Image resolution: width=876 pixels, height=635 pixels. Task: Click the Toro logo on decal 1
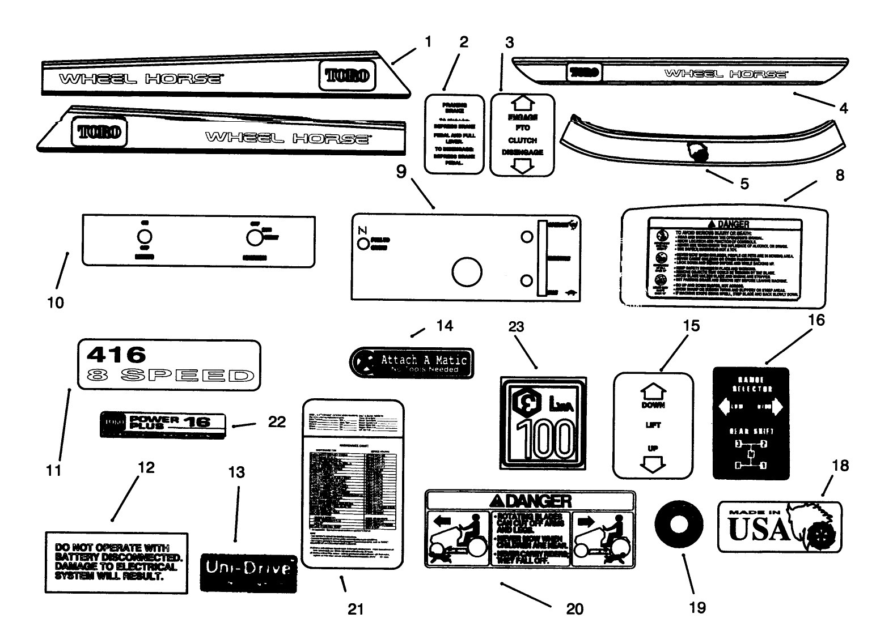(x=348, y=75)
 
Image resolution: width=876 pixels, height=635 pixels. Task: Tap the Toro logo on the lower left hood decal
(x=99, y=132)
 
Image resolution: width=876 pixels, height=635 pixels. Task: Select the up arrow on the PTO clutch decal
(x=523, y=103)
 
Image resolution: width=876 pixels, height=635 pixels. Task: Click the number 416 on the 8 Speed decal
(x=116, y=355)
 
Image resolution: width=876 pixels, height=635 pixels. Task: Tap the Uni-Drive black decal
(x=248, y=573)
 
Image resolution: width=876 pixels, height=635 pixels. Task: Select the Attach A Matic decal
(x=412, y=363)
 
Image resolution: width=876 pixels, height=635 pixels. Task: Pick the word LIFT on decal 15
(x=653, y=425)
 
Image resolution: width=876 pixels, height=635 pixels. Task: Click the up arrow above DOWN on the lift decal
(x=653, y=390)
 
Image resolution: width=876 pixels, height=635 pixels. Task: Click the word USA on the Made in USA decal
(x=758, y=529)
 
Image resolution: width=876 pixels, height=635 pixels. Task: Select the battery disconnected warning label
(x=116, y=562)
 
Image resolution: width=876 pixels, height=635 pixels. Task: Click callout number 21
(x=355, y=609)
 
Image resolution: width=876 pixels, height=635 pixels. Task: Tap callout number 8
(x=839, y=175)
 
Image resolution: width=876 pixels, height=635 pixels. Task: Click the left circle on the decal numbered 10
(x=144, y=237)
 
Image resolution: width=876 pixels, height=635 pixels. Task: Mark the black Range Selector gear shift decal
(x=750, y=423)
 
